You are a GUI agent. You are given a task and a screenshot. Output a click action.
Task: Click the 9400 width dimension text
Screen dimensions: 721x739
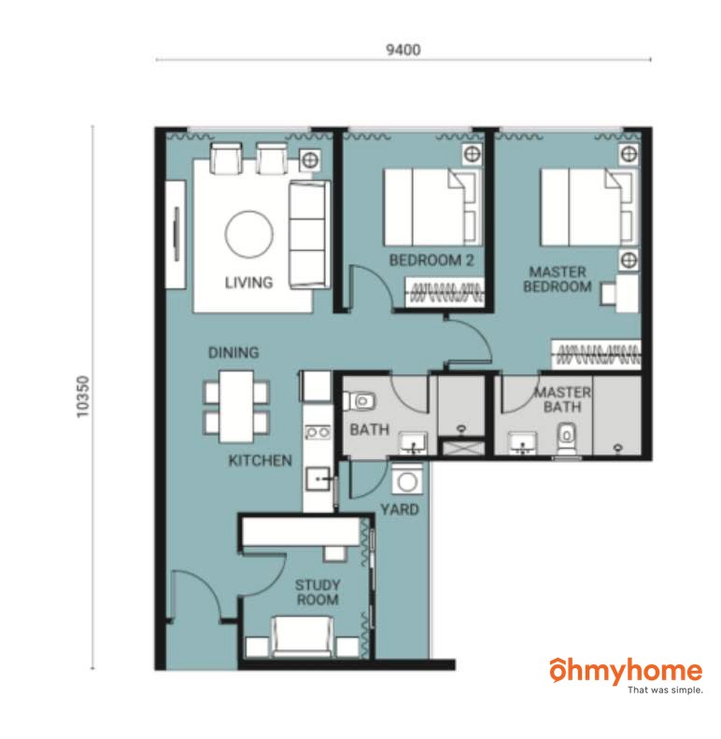pos(403,49)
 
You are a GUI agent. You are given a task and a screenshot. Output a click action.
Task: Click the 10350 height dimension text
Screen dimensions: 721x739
pos(82,397)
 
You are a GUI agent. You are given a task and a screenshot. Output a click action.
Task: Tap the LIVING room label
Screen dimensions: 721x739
pos(248,283)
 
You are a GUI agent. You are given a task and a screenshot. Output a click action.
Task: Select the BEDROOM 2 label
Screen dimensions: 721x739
pos(431,260)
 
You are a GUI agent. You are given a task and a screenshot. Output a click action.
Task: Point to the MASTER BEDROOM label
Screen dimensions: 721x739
pos(558,279)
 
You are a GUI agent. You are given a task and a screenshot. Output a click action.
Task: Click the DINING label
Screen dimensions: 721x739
pos(233,353)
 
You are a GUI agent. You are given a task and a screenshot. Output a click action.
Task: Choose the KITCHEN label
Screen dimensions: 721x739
pos(260,460)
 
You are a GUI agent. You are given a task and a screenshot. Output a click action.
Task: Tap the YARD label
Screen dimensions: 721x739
pos(400,509)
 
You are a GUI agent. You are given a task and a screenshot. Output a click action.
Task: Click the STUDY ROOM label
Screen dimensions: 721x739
pos(318,593)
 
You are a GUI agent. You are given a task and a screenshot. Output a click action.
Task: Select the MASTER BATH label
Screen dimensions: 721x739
pos(562,399)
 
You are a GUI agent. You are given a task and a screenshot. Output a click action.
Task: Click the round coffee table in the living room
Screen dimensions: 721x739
pos(249,234)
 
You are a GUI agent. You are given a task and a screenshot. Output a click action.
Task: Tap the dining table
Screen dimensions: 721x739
pos(236,407)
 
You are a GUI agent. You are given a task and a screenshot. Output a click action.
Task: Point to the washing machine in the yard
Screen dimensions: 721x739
pos(407,481)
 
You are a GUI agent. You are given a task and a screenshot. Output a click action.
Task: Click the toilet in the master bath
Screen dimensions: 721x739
pos(567,439)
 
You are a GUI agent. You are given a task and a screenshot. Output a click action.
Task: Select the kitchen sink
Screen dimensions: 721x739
pos(318,479)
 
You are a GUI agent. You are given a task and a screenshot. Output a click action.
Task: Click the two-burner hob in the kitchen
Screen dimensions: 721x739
pos(318,432)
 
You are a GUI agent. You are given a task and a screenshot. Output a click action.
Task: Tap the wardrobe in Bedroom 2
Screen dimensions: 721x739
pos(445,293)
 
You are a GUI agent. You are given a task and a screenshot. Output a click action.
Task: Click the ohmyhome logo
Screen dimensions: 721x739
pos(626,676)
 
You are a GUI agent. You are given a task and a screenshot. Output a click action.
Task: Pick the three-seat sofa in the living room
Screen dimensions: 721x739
pos(309,234)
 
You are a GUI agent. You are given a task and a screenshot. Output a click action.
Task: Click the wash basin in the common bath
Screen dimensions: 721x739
pos(414,443)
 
